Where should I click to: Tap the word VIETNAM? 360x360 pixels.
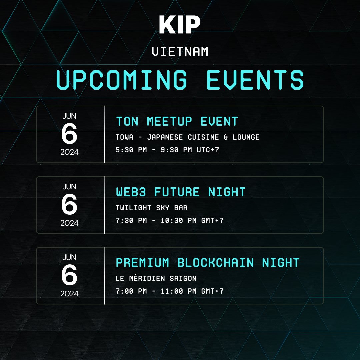click(180, 52)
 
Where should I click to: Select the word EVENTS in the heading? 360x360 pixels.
click(255, 80)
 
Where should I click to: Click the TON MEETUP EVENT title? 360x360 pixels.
click(177, 121)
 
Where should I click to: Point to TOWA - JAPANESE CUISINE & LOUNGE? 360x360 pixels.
click(187, 137)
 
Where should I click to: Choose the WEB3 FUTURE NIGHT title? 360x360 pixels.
click(181, 192)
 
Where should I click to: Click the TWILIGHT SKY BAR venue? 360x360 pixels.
click(151, 208)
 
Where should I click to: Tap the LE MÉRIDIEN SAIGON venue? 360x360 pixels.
click(156, 278)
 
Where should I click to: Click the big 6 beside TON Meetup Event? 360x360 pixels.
click(69, 134)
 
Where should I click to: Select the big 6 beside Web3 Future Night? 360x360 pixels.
click(69, 205)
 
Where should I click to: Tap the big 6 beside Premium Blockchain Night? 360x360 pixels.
click(69, 276)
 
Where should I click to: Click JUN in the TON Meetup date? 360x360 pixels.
click(69, 116)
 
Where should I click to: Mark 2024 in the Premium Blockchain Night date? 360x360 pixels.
click(69, 294)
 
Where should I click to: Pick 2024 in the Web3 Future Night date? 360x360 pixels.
click(69, 223)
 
